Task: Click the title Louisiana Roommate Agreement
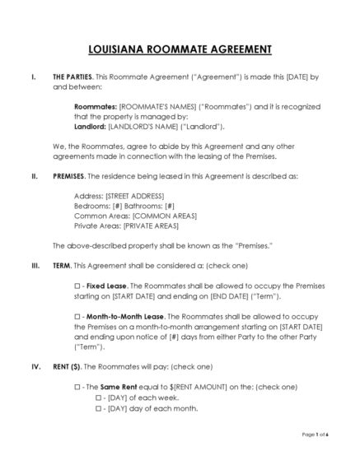point(180,49)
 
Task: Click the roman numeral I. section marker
point(32,77)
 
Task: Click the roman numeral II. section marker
point(33,176)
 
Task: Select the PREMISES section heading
point(68,176)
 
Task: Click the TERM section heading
point(62,266)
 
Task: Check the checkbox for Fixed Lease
point(77,286)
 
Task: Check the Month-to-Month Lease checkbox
point(77,316)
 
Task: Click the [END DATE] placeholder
point(234,295)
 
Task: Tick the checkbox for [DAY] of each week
point(98,397)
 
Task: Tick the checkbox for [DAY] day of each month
point(98,407)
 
